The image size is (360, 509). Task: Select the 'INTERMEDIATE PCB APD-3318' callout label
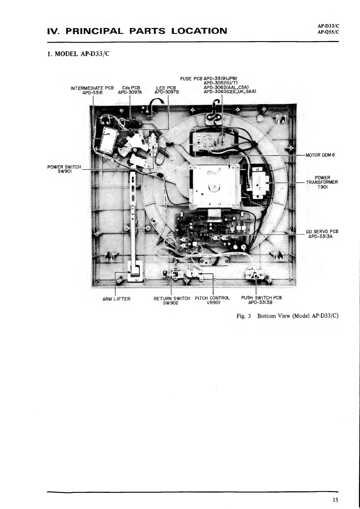tap(92, 90)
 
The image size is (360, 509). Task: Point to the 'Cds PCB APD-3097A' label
tap(130, 90)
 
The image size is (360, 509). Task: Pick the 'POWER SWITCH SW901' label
tap(64, 169)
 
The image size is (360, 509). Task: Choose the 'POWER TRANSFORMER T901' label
tap(322, 182)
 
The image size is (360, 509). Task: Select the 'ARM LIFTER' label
tap(116, 299)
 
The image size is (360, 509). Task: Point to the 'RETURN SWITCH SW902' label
tap(172, 300)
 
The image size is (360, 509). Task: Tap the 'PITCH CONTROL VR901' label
tap(212, 300)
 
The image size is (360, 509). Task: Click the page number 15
tap(335, 491)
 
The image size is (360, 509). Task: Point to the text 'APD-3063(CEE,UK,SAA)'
tap(230, 92)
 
